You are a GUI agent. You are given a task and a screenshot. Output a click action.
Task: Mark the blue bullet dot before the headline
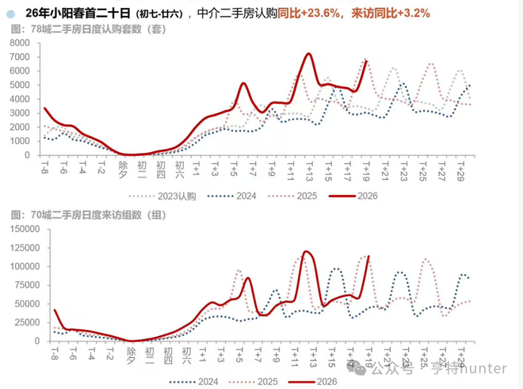click(x=10, y=13)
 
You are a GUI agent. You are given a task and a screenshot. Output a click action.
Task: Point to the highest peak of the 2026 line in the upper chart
click(x=308, y=54)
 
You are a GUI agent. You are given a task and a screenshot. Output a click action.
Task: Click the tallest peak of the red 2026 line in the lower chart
click(x=306, y=251)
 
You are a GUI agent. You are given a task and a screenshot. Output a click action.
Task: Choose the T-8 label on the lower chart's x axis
click(x=54, y=353)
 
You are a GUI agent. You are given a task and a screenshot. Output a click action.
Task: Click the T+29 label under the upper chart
click(x=460, y=170)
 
